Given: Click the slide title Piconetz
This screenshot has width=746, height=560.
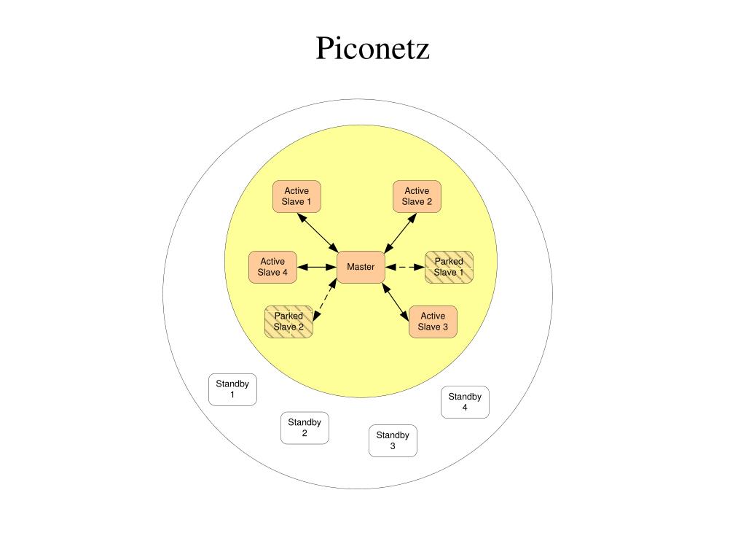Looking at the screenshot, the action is [x=372, y=49].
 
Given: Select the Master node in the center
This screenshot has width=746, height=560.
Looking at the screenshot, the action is [x=361, y=267].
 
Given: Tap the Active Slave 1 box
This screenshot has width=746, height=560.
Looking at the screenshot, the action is [x=297, y=196].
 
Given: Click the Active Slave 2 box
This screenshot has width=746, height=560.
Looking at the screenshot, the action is [x=417, y=196].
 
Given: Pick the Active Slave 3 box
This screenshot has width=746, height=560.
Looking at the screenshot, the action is [x=433, y=322].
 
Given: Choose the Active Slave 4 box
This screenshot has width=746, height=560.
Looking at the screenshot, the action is [x=272, y=267].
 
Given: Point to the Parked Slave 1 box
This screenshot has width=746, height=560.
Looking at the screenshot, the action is [x=449, y=267].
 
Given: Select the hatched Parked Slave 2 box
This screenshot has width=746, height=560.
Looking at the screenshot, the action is [x=288, y=322].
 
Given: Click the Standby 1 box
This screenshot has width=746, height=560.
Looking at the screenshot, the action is [x=232, y=389].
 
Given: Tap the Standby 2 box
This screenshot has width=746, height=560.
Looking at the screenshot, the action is [x=305, y=427].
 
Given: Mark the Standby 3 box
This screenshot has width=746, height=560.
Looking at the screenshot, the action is [x=393, y=440].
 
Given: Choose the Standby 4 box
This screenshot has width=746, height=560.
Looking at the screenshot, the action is [x=465, y=402].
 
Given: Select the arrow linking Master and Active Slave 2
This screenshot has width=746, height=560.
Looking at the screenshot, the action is [x=399, y=233].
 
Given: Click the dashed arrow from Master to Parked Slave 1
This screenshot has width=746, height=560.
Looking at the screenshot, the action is [x=404, y=267].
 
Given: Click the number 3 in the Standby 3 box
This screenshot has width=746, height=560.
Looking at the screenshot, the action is [x=393, y=446].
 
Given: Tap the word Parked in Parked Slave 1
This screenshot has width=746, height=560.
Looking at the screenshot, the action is [x=449, y=261].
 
